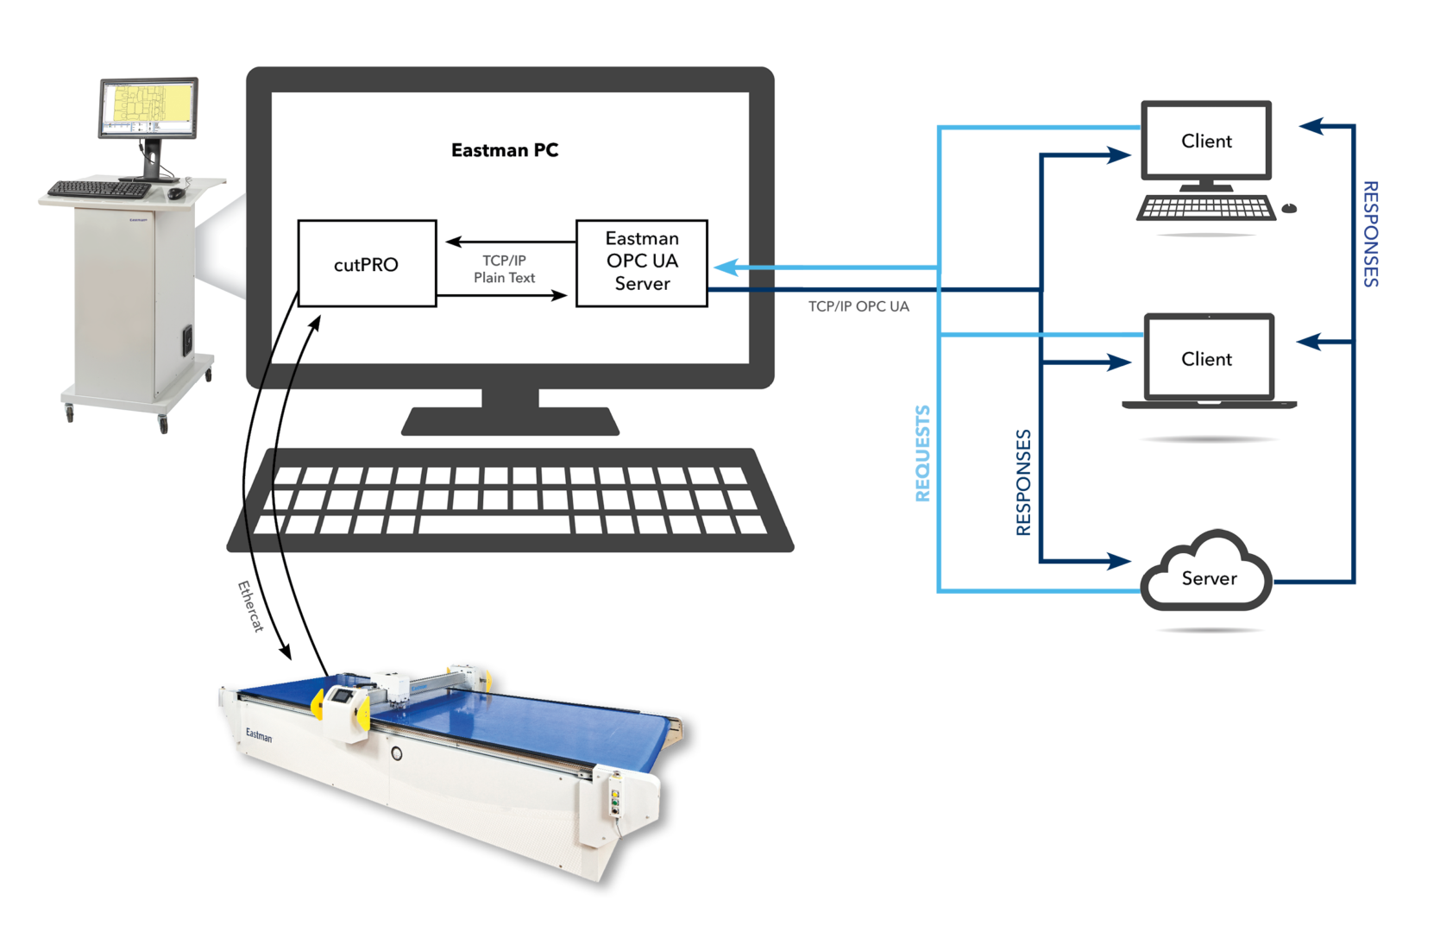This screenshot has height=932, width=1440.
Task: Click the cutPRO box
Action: [x=367, y=264]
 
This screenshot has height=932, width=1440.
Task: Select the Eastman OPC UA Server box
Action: [x=641, y=262]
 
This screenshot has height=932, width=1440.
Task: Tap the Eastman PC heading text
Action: [x=505, y=150]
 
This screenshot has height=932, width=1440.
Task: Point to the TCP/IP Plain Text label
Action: [x=504, y=269]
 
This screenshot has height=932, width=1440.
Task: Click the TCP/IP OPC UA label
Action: [x=858, y=306]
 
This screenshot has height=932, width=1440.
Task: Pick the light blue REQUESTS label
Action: [x=922, y=454]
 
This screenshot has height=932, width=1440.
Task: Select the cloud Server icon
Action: [x=1207, y=575]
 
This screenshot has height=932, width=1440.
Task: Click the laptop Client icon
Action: [x=1208, y=360]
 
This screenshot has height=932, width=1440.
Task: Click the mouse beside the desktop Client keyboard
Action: [x=1289, y=208]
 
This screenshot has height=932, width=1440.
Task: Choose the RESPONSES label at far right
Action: [x=1370, y=234]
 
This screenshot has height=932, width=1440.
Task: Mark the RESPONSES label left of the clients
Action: [x=1023, y=482]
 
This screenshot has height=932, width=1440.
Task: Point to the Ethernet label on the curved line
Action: [x=250, y=606]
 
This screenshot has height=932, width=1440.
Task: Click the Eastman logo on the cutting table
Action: [x=258, y=735]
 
